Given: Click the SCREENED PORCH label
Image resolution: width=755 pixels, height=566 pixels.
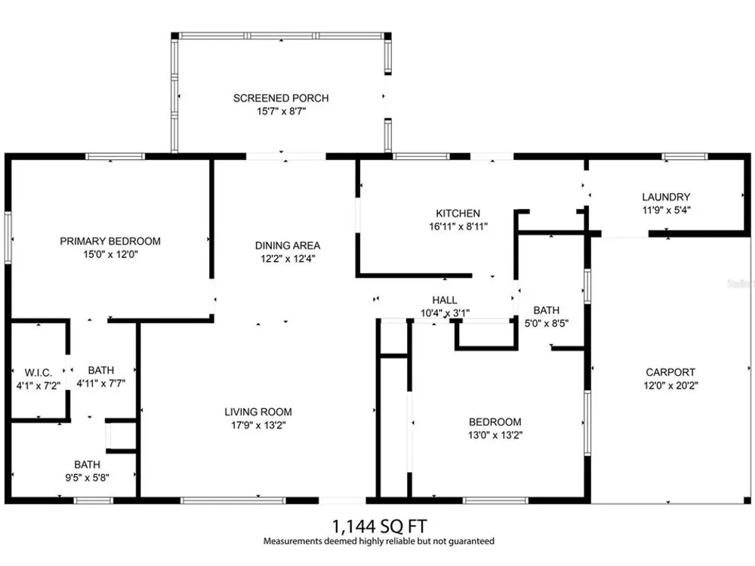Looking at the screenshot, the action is [281, 98].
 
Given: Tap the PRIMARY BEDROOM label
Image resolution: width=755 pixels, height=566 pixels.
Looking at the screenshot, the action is [110, 241].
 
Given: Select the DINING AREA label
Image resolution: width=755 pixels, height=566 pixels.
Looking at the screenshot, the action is [288, 245].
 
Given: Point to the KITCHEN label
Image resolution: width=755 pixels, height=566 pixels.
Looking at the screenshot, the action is [458, 214].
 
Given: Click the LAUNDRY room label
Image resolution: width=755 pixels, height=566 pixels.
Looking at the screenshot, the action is [666, 197].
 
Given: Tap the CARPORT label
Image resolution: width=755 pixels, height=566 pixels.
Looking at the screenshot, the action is [670, 372].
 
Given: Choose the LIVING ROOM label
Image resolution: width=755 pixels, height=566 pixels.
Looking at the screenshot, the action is [258, 412].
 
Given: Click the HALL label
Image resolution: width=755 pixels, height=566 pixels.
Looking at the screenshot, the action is [445, 300].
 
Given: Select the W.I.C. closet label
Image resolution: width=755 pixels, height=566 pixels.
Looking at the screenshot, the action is [38, 373].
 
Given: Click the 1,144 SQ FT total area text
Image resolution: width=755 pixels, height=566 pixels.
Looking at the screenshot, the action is [380, 526].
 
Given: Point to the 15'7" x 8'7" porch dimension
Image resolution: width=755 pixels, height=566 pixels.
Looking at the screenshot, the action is [281, 111].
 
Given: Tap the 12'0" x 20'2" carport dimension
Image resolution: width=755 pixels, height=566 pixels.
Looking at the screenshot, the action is [670, 385].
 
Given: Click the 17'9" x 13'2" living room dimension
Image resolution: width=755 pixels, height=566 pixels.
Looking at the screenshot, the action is [258, 425].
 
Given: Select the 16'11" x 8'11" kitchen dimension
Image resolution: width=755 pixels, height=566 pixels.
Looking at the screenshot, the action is [458, 226].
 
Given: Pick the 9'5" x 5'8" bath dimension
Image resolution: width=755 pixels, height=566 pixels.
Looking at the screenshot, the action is [87, 478].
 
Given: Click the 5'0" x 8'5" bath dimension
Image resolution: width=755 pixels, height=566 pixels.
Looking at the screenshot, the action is [547, 324].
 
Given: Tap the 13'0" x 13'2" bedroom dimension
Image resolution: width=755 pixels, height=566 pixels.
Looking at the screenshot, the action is [495, 435].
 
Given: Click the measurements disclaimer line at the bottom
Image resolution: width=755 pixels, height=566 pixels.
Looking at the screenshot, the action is [379, 541].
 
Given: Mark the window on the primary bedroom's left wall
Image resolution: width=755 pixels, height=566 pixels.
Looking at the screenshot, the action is [8, 238].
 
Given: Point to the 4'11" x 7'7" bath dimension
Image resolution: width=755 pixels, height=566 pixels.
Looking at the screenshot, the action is [101, 383].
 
